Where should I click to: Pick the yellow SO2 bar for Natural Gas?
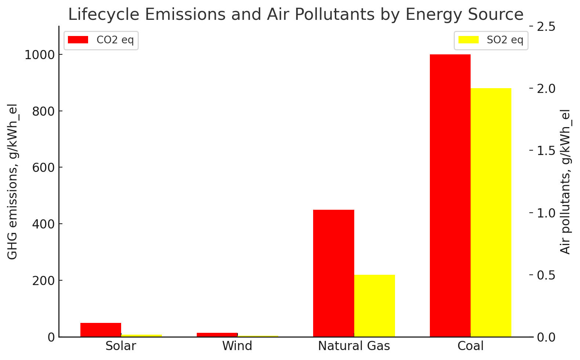pos(374,306)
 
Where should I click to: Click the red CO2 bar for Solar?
pos(101,330)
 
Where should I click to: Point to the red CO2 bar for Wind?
pos(217,335)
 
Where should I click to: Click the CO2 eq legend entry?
pos(101,40)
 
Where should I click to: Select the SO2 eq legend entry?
pos(491,40)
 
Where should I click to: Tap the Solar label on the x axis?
pos(120,346)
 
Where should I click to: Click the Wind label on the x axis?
pos(237,346)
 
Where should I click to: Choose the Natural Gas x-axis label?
pos(354,346)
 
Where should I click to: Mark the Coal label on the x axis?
pos(470,346)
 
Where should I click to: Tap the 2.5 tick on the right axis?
pos(547,27)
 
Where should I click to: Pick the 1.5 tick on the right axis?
pos(547,151)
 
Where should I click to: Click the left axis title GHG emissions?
pos(12,182)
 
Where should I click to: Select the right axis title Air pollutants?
pos(566,182)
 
